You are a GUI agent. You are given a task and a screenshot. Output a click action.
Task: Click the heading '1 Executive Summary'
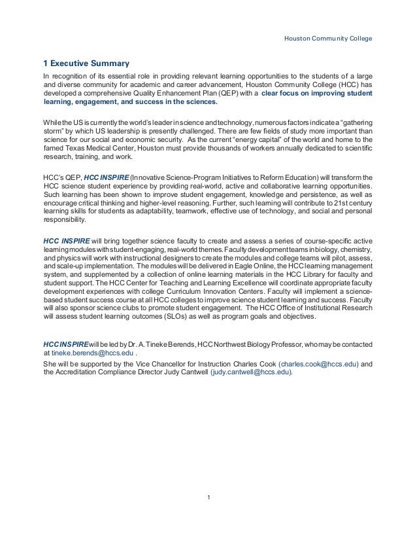[x=86, y=63]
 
